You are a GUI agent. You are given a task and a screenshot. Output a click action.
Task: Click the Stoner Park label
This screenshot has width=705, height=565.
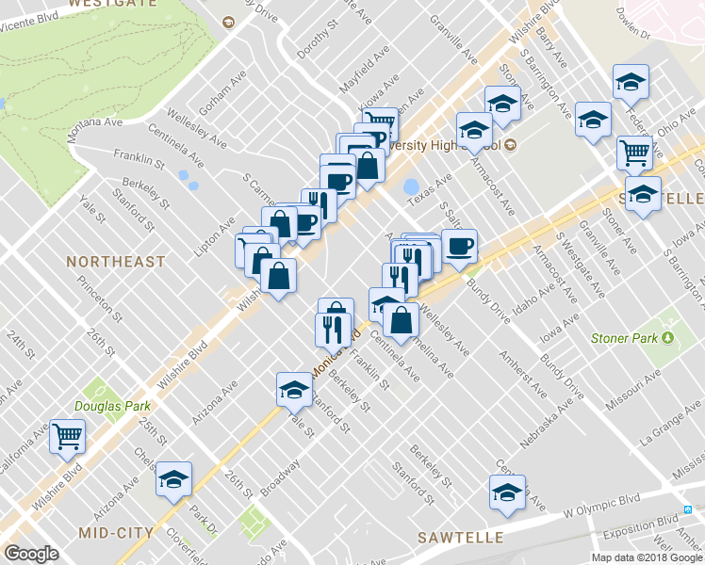pyautogui.click(x=625, y=338)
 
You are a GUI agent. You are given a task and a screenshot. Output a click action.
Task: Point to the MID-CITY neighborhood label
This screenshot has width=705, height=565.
pyautogui.click(x=117, y=532)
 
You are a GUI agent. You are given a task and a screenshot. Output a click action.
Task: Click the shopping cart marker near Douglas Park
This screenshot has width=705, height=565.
pyautogui.click(x=68, y=435)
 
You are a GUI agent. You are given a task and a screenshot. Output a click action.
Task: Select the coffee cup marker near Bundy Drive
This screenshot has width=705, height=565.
pyautogui.click(x=459, y=247)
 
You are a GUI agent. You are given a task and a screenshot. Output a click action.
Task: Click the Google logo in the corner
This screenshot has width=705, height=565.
pyautogui.click(x=31, y=555)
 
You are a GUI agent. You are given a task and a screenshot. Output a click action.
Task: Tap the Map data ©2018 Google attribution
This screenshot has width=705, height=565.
pyautogui.click(x=646, y=557)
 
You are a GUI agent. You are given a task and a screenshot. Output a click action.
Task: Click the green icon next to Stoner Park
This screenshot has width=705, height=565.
pyautogui.click(x=669, y=337)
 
